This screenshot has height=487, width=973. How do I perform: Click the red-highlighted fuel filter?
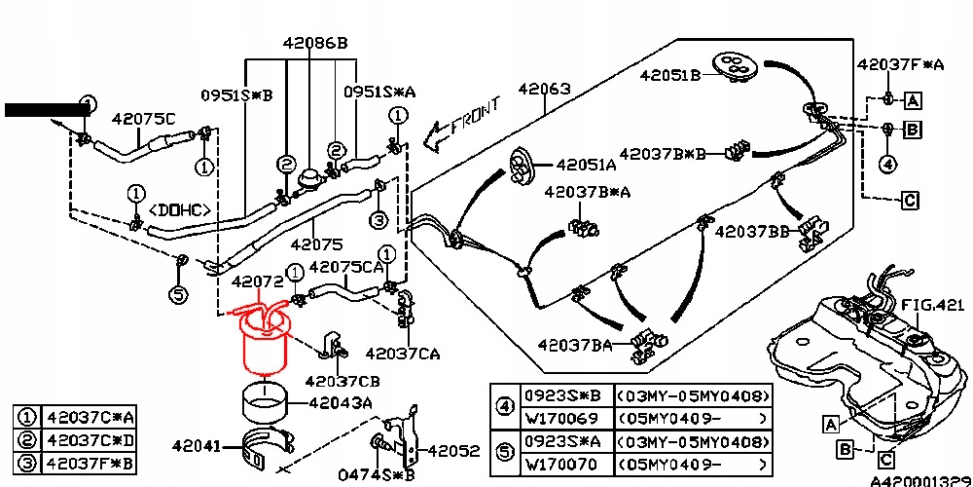click(264, 346)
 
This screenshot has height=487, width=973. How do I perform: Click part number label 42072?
click(257, 281)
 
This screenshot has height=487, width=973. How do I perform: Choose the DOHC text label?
click(180, 209)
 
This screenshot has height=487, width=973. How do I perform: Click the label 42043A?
click(340, 401)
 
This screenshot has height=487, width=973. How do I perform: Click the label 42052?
click(453, 451)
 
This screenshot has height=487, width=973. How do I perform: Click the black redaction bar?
click(46, 110)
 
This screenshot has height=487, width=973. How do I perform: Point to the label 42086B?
click(315, 44)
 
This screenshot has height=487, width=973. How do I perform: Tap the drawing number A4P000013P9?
click(920, 481)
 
